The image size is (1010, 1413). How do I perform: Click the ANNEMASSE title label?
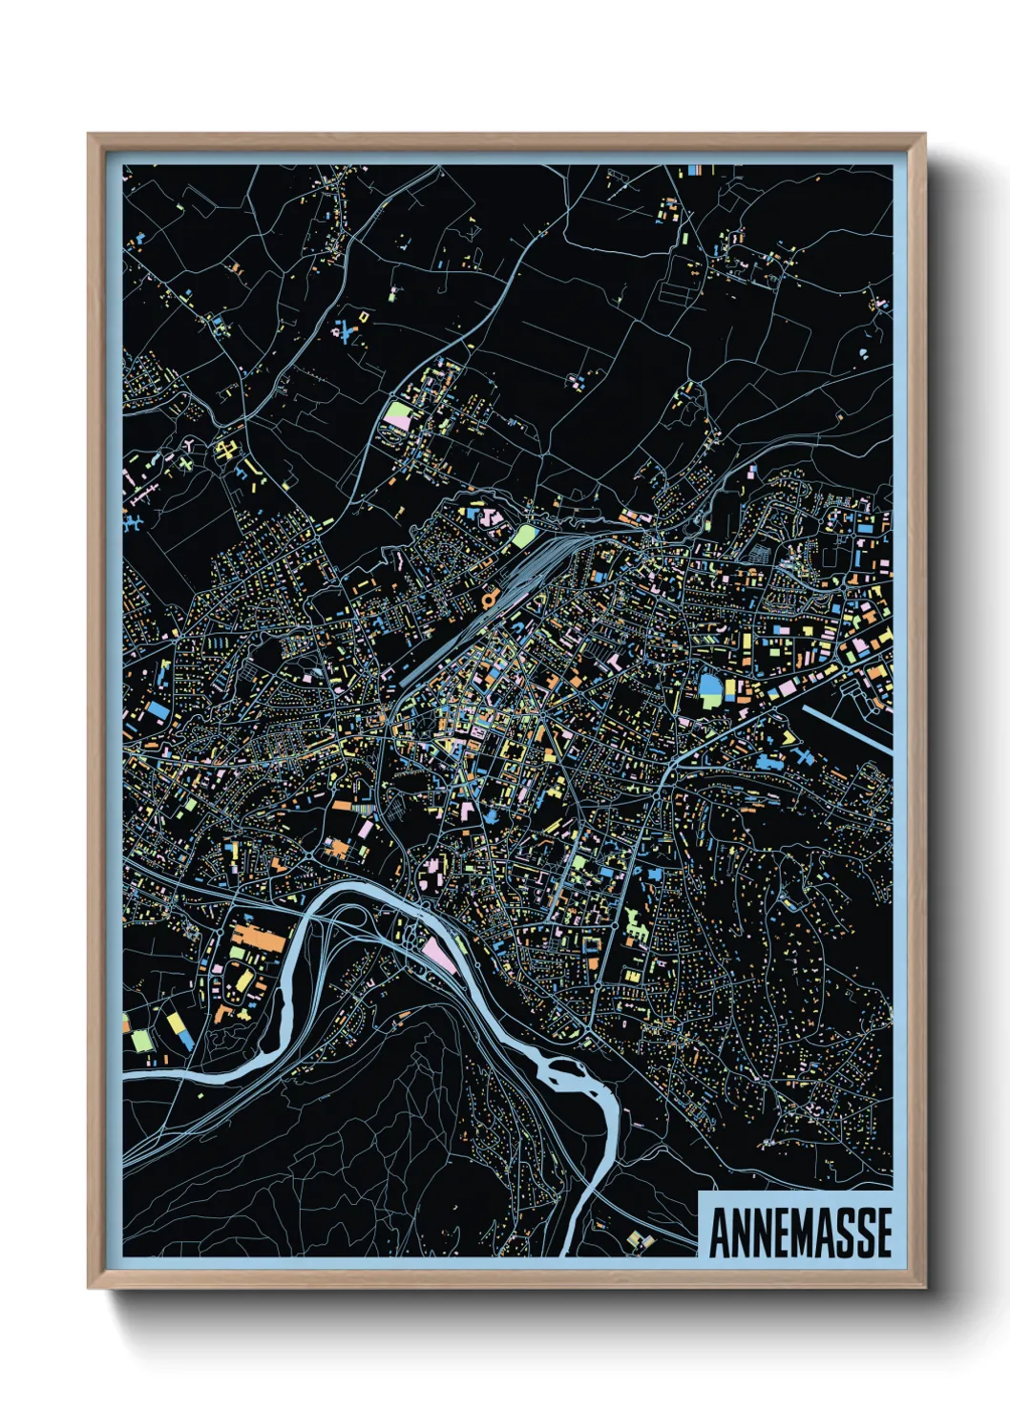click(x=799, y=1232)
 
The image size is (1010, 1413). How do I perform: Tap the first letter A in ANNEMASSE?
click(x=719, y=1233)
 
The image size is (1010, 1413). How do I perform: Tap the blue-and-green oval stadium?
click(x=711, y=689)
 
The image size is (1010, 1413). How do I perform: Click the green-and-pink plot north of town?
click(x=395, y=415)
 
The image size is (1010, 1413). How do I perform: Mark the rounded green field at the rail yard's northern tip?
click(x=523, y=535)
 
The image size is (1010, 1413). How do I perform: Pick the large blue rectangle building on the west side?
click(x=157, y=711)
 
